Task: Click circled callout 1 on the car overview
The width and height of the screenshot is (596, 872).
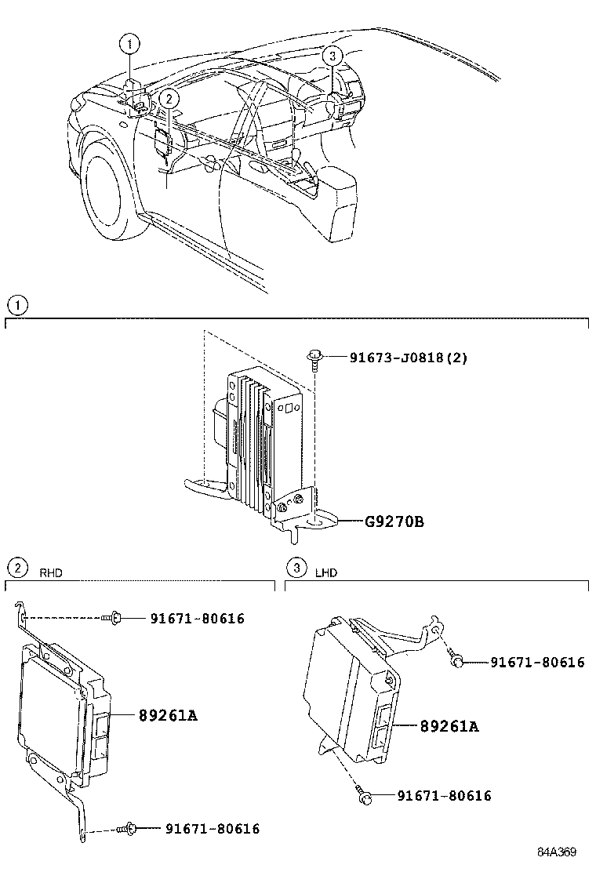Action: [131, 45]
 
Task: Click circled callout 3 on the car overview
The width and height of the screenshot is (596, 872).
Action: [333, 55]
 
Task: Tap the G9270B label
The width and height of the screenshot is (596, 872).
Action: [393, 521]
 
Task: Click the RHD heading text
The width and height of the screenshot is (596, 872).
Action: [51, 573]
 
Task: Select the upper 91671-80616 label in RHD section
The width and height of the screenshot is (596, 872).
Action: [198, 619]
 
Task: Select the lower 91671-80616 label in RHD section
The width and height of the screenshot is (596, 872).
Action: [213, 828]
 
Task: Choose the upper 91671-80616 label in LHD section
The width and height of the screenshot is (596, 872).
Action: [537, 663]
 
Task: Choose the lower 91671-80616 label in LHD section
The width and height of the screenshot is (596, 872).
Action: [444, 796]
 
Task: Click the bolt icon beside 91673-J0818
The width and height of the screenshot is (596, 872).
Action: [314, 358]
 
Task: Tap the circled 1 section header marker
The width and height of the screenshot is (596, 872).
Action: [16, 304]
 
